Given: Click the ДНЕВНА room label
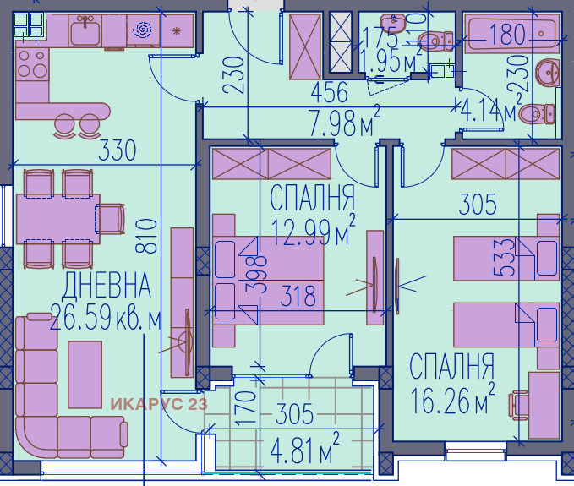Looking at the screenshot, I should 107,286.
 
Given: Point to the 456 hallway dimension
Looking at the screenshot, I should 331,94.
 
